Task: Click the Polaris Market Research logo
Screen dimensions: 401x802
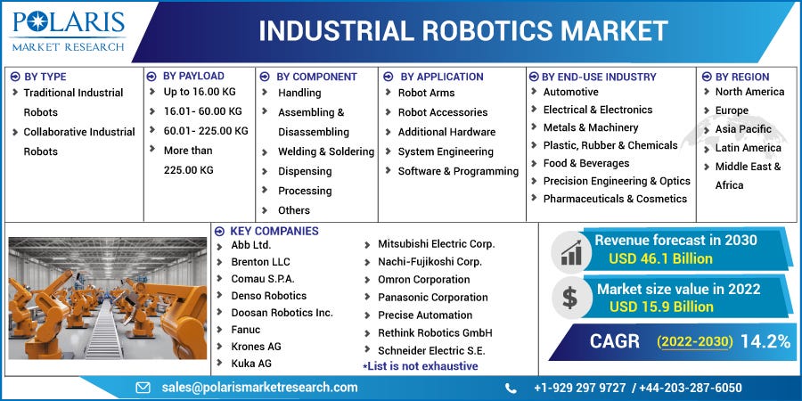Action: point(68,30)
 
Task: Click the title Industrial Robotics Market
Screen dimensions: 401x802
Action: point(463,31)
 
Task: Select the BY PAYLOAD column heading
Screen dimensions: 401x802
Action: point(193,76)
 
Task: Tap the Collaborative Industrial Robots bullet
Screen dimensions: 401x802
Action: point(78,141)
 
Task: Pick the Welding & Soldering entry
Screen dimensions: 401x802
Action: point(325,151)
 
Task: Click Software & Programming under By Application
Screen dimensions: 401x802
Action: point(458,171)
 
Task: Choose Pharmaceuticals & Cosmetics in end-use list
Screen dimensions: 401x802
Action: point(615,199)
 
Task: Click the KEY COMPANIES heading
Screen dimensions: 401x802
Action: point(274,231)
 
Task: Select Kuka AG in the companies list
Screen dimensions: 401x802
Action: point(250,364)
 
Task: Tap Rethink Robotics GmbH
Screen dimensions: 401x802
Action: point(435,332)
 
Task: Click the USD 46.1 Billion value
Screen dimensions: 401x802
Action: point(661,258)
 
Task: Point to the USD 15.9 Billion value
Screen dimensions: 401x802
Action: point(661,307)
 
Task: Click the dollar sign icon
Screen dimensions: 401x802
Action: point(570,297)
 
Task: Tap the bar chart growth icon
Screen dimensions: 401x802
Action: point(570,252)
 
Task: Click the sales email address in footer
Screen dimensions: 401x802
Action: point(259,387)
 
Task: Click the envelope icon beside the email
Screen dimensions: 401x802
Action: point(143,388)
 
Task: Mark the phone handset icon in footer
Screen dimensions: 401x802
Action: point(511,388)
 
